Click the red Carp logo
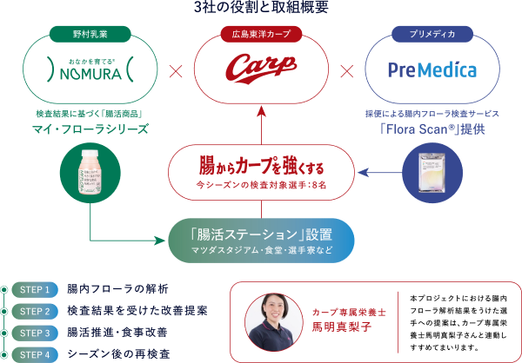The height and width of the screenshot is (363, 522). pos(260,69)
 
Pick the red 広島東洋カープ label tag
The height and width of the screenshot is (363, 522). pos(261,36)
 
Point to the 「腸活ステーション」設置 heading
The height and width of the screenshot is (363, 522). pos(261,233)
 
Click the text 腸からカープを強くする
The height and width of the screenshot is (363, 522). pos(261,163)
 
